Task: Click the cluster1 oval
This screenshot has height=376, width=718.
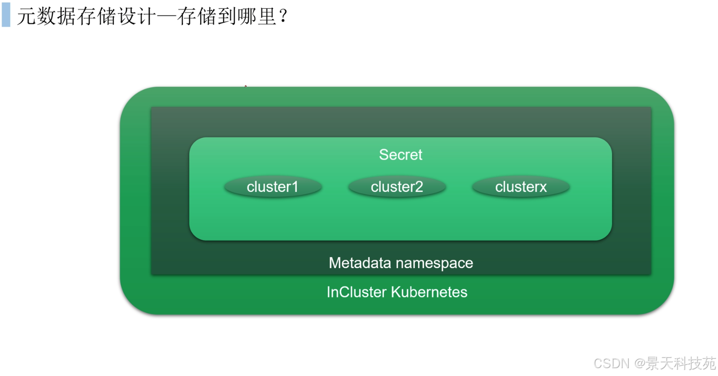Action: (x=273, y=187)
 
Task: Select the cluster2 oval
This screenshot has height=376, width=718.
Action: (x=397, y=187)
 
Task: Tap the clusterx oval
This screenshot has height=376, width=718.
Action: (x=521, y=187)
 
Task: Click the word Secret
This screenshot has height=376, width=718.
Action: (x=400, y=155)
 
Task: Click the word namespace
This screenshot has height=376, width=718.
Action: (x=435, y=264)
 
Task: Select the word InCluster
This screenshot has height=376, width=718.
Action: (x=357, y=292)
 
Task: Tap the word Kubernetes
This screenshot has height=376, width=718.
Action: (x=429, y=292)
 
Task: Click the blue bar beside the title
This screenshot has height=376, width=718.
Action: (x=6, y=15)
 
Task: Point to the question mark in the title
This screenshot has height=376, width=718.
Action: (x=283, y=16)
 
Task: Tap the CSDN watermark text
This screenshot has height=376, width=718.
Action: (x=612, y=364)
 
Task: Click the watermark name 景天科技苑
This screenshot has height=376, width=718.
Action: (x=681, y=364)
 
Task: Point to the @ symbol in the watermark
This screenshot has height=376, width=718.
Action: (x=640, y=364)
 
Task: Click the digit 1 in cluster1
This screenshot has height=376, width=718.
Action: (x=295, y=187)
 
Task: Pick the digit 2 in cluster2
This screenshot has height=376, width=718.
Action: (x=419, y=187)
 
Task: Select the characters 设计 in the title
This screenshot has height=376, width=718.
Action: (x=137, y=16)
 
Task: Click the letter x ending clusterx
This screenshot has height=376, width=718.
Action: (x=543, y=188)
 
